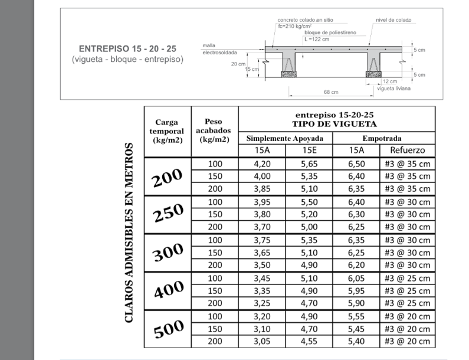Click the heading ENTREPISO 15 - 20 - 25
pyautogui.click(x=127, y=49)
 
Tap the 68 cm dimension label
pyautogui.click(x=331, y=92)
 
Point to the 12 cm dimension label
pyautogui.click(x=389, y=81)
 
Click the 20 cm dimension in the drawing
pyautogui.click(x=238, y=64)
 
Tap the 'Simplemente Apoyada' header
pyautogui.click(x=285, y=139)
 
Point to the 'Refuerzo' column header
pyautogui.click(x=407, y=150)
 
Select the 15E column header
pyautogui.click(x=309, y=150)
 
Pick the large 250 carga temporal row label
pyautogui.click(x=168, y=214)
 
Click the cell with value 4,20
pyautogui.click(x=262, y=163)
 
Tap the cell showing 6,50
pyautogui.click(x=356, y=163)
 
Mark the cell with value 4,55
pyautogui.click(x=309, y=342)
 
